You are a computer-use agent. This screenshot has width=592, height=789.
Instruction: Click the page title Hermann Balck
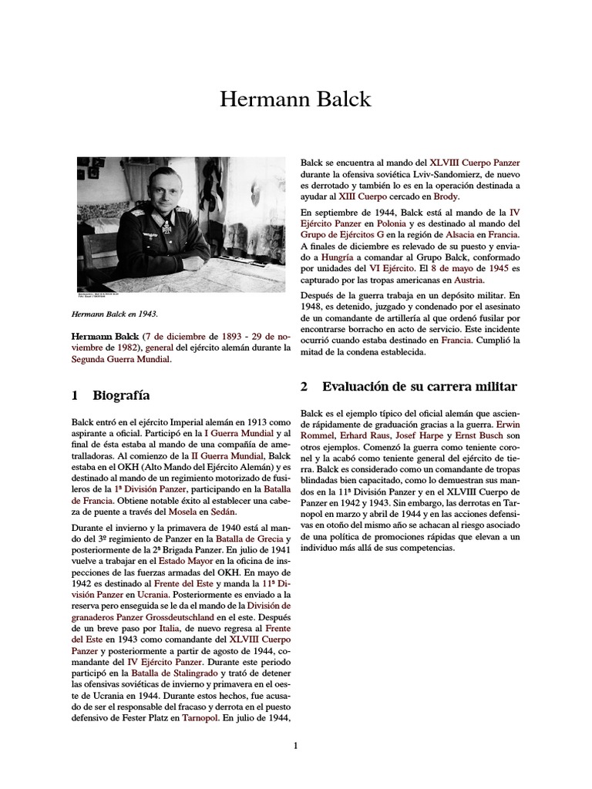(x=295, y=99)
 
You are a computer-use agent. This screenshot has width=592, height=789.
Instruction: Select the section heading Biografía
(x=120, y=395)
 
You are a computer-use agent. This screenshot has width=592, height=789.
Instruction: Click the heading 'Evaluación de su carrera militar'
(x=419, y=386)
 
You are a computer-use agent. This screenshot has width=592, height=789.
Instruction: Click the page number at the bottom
(x=295, y=745)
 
